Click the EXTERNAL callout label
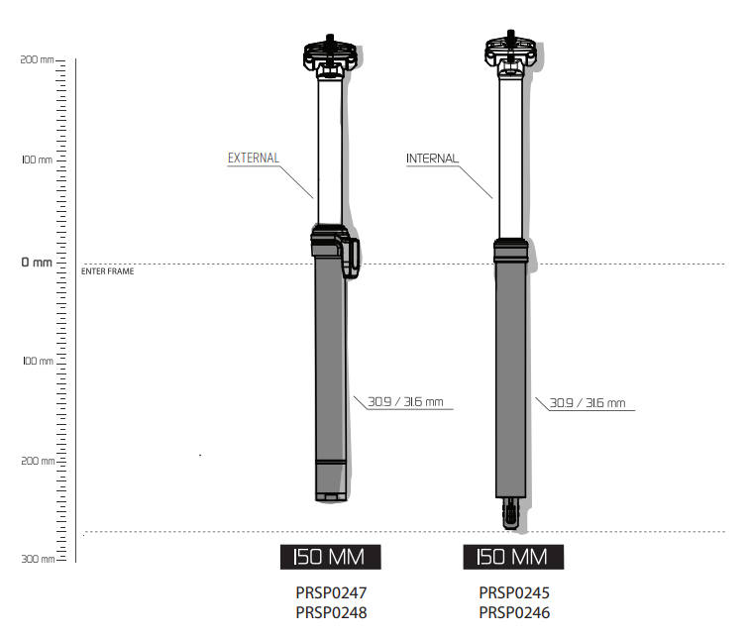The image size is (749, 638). pyautogui.click(x=254, y=159)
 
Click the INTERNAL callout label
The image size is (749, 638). pyautogui.click(x=432, y=159)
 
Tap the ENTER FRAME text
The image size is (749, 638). pyautogui.click(x=107, y=271)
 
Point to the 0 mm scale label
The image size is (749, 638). pyautogui.click(x=37, y=263)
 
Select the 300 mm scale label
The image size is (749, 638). pyautogui.click(x=38, y=559)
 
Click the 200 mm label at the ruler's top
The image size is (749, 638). pyautogui.click(x=37, y=59)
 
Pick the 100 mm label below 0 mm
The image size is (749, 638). pyautogui.click(x=38, y=361)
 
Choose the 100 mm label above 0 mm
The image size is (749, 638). pyautogui.click(x=37, y=159)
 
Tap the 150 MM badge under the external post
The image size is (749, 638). pyautogui.click(x=331, y=557)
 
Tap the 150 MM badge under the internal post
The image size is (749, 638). pyautogui.click(x=513, y=557)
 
